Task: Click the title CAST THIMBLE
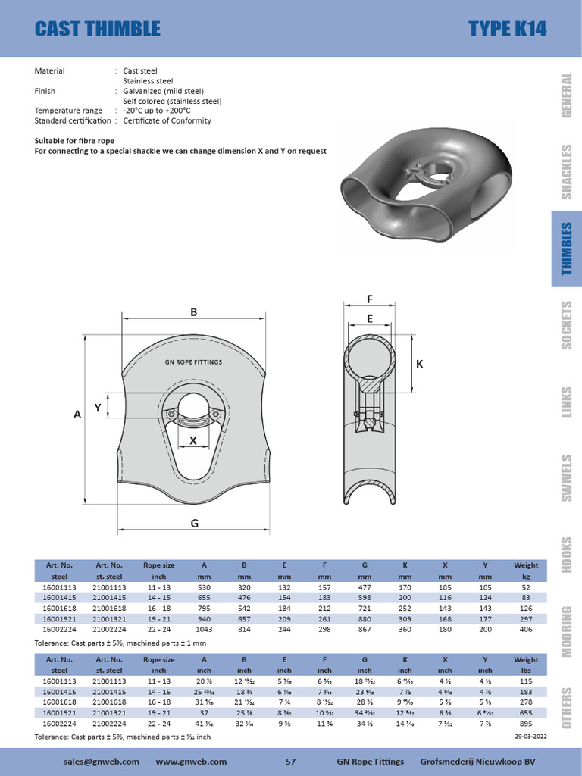(98, 29)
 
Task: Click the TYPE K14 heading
(507, 29)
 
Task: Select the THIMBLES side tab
(566, 249)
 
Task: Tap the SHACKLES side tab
(566, 172)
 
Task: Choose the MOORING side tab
(566, 631)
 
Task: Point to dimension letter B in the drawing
(193, 311)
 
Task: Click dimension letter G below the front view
(194, 523)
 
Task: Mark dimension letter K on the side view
(419, 365)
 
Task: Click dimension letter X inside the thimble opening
(192, 440)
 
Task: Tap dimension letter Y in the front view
(98, 408)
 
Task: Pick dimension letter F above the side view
(370, 299)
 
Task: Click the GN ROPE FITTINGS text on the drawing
(194, 362)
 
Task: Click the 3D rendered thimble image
(422, 189)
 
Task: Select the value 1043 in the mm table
(204, 629)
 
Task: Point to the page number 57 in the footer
(291, 761)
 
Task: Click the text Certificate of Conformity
(167, 120)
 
